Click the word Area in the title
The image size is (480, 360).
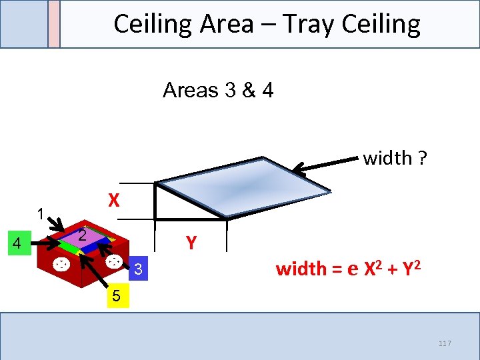click(x=224, y=24)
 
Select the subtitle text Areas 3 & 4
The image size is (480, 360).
click(x=218, y=89)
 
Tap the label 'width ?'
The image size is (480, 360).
click(x=395, y=158)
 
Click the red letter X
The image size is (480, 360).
click(x=114, y=201)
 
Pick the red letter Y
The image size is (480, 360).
click(x=191, y=243)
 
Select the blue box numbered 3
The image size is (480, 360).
click(x=137, y=269)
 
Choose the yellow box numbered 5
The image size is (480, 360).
click(x=116, y=295)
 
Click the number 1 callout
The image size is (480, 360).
click(x=41, y=215)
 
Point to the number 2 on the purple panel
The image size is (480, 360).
click(x=81, y=235)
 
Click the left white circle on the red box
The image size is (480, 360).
click(x=61, y=265)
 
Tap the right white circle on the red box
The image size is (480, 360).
click(x=114, y=261)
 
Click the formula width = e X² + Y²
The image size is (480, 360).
click(x=348, y=269)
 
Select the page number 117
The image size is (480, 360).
click(x=445, y=343)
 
